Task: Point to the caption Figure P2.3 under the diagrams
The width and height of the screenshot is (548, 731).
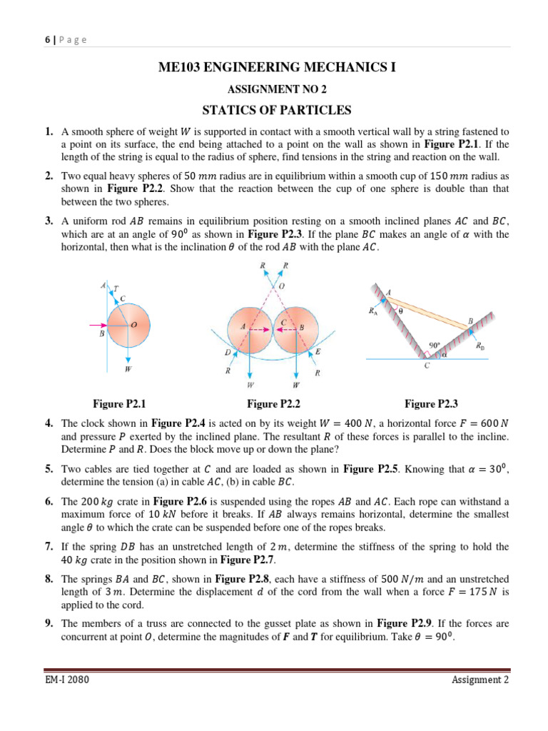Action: point(431,404)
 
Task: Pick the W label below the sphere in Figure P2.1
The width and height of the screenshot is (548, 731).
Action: point(128,370)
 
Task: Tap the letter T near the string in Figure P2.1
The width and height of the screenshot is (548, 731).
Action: point(117,288)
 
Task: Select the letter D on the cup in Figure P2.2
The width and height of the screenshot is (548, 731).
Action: point(226,353)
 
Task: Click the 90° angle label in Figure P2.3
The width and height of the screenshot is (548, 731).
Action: point(434,345)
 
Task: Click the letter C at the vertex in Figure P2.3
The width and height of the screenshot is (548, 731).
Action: point(427,366)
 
